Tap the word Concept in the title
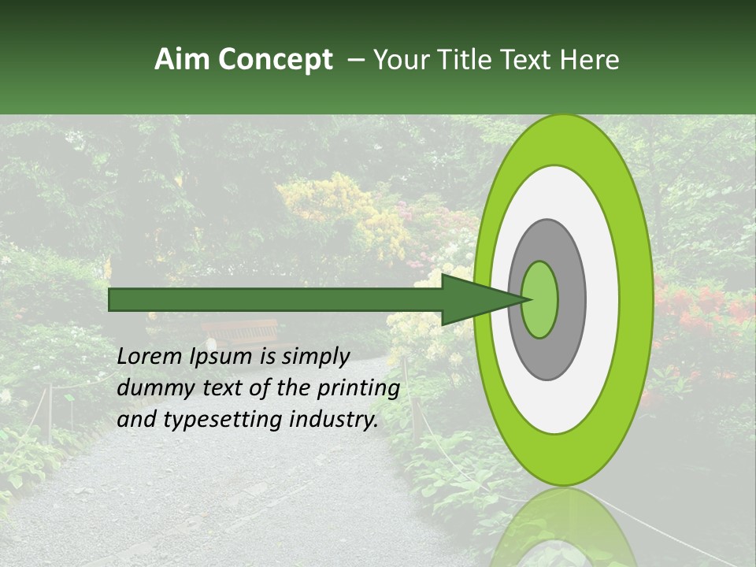click(x=276, y=60)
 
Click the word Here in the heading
click(x=591, y=60)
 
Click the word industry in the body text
click(x=331, y=420)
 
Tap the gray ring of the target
click(x=572, y=299)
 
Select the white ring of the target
click(x=602, y=299)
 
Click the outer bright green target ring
click(x=638, y=299)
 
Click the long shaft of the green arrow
click(x=276, y=299)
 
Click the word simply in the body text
click(x=315, y=357)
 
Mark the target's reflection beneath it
click(x=562, y=528)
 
